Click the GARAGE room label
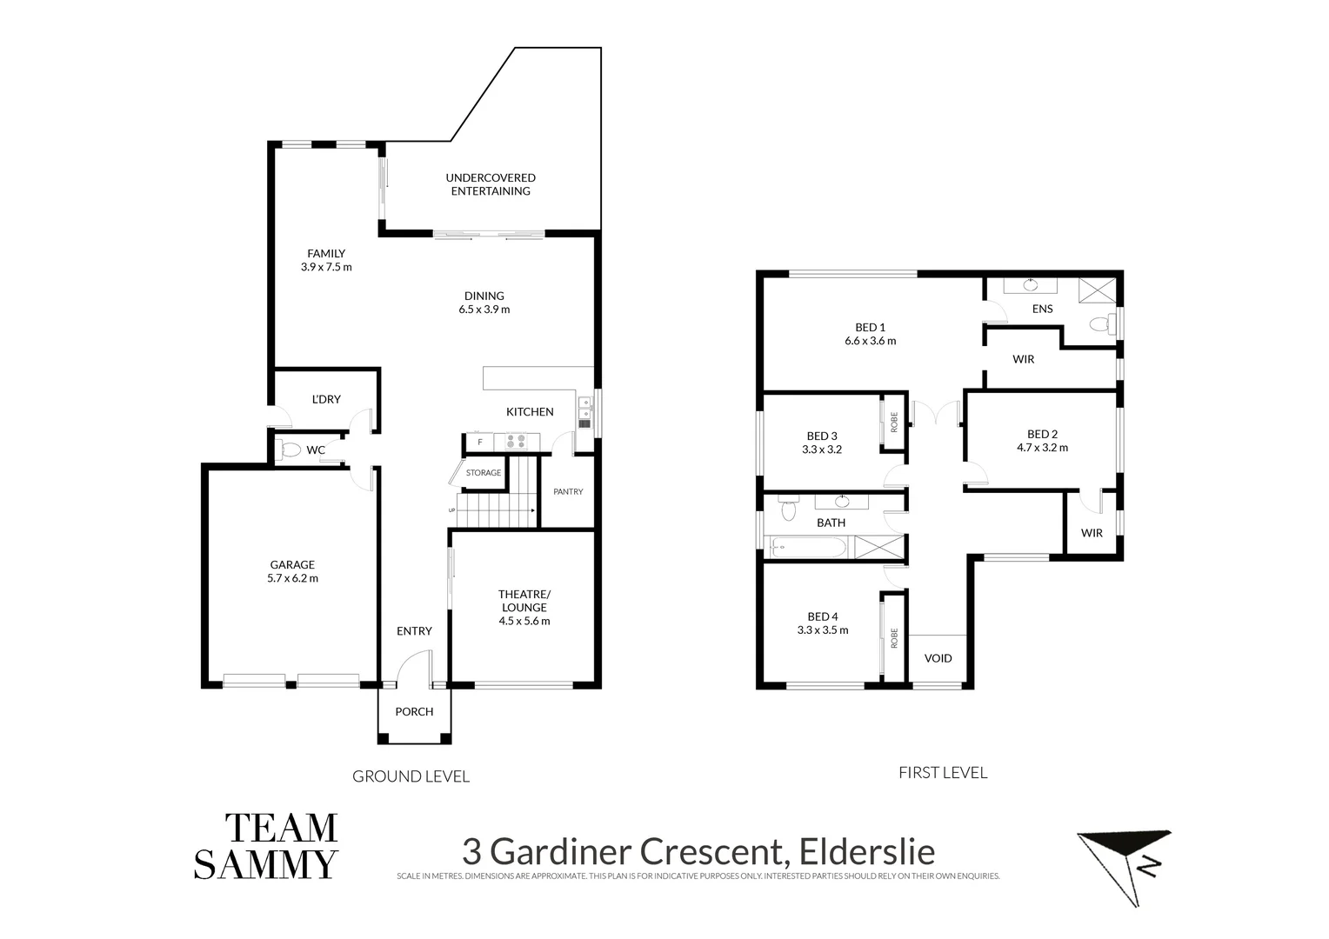click(292, 564)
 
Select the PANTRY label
click(568, 492)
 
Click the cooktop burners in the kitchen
click(516, 442)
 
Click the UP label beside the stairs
click(451, 510)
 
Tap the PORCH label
click(414, 711)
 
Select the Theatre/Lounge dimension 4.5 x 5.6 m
click(524, 621)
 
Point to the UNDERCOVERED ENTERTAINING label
click(491, 184)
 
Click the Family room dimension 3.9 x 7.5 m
click(326, 267)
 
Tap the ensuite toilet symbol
click(1100, 324)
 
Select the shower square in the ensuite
click(1097, 290)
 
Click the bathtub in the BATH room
click(809, 547)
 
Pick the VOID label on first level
click(938, 658)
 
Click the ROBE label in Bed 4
click(893, 639)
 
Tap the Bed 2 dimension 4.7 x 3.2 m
click(1042, 448)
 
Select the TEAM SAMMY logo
click(266, 846)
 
